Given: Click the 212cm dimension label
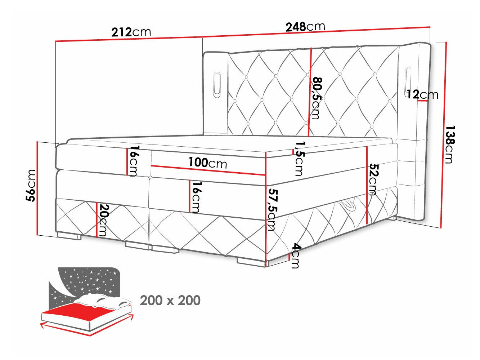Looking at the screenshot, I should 131,32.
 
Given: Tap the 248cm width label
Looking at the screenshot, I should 305,26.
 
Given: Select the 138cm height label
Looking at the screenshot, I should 449,144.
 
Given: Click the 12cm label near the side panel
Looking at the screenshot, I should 422,94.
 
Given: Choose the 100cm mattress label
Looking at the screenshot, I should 208,163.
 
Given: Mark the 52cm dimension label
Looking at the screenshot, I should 373,179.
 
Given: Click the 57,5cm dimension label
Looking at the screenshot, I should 270,209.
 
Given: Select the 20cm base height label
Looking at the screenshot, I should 104,220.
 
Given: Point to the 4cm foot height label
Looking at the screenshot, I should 295,255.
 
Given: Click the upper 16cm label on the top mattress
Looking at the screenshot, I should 134,161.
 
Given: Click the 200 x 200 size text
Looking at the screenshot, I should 170,300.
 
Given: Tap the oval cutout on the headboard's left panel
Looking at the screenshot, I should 217,84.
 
